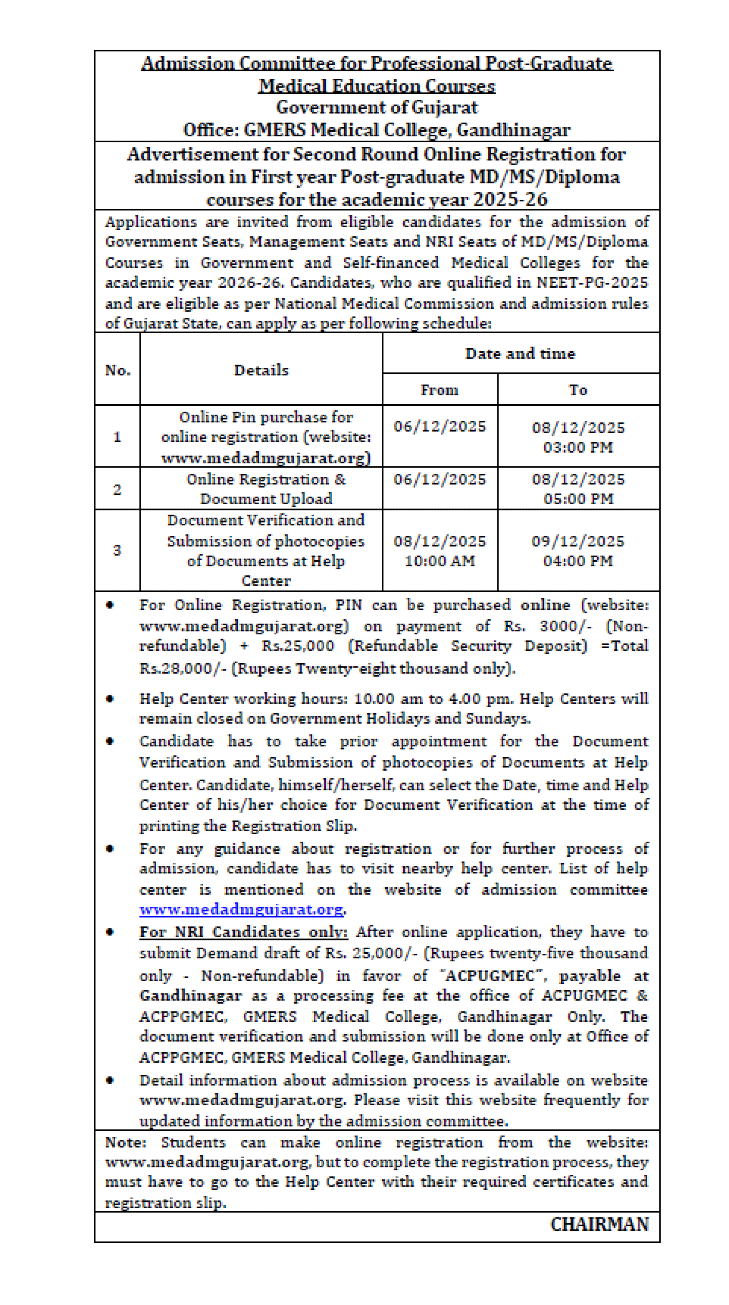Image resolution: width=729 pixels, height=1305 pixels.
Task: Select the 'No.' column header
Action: pyautogui.click(x=117, y=370)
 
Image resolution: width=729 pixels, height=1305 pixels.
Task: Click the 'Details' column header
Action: pyautogui.click(x=261, y=370)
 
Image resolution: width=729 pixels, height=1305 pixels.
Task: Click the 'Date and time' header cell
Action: pyautogui.click(x=520, y=353)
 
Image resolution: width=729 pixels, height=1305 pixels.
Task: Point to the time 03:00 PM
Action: pyautogui.click(x=578, y=447)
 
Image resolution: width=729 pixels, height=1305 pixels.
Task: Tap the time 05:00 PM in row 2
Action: pyautogui.click(x=578, y=499)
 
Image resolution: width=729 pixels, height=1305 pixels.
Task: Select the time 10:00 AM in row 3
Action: pyautogui.click(x=440, y=561)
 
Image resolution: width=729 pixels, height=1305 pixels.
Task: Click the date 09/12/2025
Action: pyautogui.click(x=578, y=541)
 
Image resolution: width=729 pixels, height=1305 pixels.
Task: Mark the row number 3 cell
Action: pyautogui.click(x=117, y=550)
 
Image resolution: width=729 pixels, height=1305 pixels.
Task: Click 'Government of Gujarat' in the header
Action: pyautogui.click(x=377, y=107)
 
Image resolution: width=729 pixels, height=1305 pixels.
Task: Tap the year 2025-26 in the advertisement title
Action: pyautogui.click(x=510, y=200)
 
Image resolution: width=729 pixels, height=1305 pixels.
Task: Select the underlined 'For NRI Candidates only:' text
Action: pyautogui.click(x=243, y=932)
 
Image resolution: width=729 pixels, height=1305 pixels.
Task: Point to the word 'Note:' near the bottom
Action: pyautogui.click(x=125, y=1142)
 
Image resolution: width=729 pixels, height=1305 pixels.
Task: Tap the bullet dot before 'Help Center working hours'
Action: pyautogui.click(x=110, y=699)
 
